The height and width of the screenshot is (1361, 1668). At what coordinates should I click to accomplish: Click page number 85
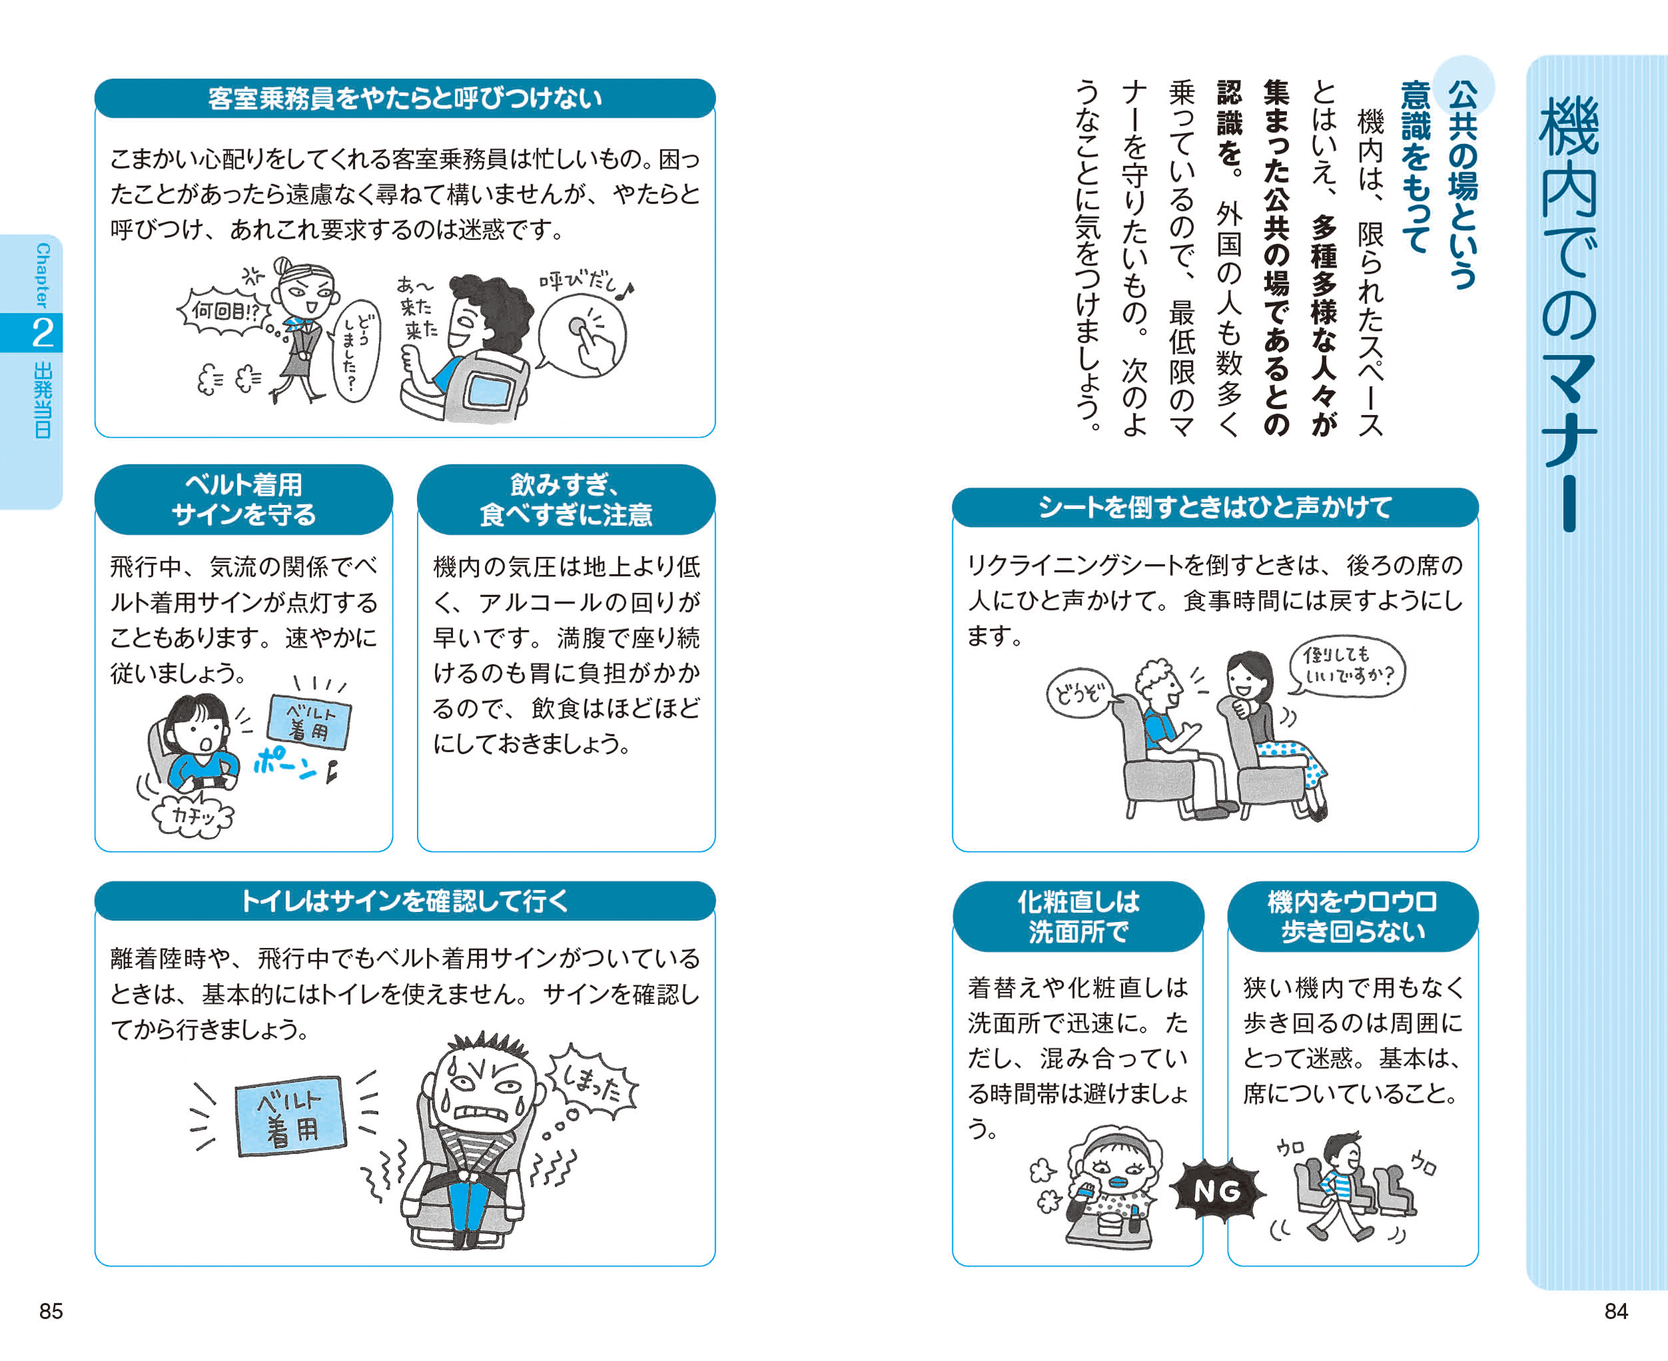coord(51,1311)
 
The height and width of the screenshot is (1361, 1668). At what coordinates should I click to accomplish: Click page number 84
coord(1615,1311)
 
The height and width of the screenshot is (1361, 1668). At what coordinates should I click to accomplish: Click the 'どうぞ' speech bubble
coord(1079,693)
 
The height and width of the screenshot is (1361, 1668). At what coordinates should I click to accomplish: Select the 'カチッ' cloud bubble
coord(193,815)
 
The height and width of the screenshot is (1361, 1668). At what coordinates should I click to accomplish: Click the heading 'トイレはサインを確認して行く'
coord(404,901)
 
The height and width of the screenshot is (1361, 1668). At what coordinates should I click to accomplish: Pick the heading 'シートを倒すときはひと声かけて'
coord(1215,507)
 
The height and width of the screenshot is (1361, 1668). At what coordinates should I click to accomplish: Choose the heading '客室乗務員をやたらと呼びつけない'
coord(404,98)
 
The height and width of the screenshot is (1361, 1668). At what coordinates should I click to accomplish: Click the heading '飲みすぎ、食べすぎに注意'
coord(566,500)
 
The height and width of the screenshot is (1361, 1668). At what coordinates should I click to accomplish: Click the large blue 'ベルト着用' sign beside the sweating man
coord(291,1115)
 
